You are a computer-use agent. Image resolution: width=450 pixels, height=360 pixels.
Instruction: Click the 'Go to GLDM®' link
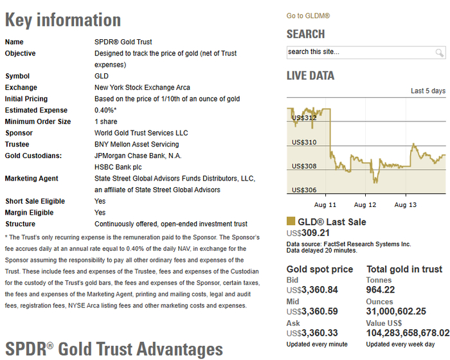[308, 16]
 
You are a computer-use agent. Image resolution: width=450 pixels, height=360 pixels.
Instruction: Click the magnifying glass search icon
[439, 53]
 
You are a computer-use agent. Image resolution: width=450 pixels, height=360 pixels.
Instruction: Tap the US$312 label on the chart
[304, 118]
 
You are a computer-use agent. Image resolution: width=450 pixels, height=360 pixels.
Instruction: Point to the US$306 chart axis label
[304, 190]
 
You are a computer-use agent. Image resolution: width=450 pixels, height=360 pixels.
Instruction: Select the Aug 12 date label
[365, 204]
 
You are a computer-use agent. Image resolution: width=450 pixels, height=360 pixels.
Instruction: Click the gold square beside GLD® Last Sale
[291, 221]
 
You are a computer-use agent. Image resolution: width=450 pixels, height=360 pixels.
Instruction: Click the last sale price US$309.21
[308, 233]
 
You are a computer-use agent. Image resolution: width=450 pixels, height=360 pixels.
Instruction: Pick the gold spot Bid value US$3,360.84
[312, 290]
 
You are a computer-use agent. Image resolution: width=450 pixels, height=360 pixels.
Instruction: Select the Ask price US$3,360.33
[312, 333]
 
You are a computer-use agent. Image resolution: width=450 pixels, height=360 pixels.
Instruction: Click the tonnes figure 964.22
[381, 290]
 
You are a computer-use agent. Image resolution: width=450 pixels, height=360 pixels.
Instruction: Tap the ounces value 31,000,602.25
[396, 311]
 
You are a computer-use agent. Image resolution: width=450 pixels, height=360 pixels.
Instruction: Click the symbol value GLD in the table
[102, 76]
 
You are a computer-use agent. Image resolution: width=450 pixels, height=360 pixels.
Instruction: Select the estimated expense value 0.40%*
[105, 110]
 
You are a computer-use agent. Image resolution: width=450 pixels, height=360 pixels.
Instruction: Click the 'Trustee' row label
[17, 145]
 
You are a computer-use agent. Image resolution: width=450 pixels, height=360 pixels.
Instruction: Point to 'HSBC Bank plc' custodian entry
[118, 167]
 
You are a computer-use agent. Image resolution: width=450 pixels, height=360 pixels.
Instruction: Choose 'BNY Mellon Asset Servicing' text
[136, 145]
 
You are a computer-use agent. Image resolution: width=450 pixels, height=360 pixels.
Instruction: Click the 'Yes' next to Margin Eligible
[100, 212]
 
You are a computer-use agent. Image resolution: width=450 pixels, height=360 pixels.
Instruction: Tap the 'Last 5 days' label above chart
[428, 91]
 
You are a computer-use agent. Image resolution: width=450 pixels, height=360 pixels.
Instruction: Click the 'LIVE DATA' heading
[310, 76]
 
